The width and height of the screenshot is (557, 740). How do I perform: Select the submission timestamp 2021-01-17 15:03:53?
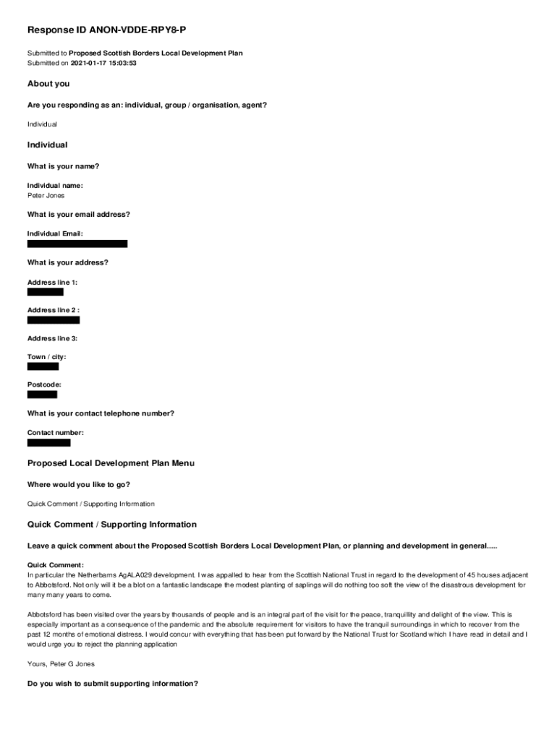coord(103,63)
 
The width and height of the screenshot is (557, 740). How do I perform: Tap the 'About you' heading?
coord(48,84)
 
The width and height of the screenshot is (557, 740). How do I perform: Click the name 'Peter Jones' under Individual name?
coord(46,195)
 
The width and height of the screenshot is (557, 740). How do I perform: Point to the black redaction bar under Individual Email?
coord(77,244)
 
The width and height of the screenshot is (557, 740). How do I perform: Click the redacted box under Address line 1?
coord(46,292)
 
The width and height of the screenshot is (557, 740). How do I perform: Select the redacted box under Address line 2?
coord(54,319)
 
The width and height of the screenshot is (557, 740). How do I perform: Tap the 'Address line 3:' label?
coord(52,338)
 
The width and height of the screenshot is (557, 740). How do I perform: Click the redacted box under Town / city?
coord(43,366)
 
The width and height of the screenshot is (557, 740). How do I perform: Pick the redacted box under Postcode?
coord(42,395)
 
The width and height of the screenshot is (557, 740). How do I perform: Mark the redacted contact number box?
coord(49,442)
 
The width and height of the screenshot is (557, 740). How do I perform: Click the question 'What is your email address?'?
coord(79,215)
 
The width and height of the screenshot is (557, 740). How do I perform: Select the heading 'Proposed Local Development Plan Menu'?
coord(111,462)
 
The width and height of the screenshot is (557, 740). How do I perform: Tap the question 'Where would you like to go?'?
coord(79,484)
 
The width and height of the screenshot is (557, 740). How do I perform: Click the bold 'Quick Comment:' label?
coord(56,564)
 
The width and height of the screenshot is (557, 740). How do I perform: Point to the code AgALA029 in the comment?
coord(125,574)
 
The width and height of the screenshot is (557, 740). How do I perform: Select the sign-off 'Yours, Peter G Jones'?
coord(61,663)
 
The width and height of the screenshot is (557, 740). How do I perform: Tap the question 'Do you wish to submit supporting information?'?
coord(113,683)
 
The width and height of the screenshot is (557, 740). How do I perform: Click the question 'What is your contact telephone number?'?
coord(101,413)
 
